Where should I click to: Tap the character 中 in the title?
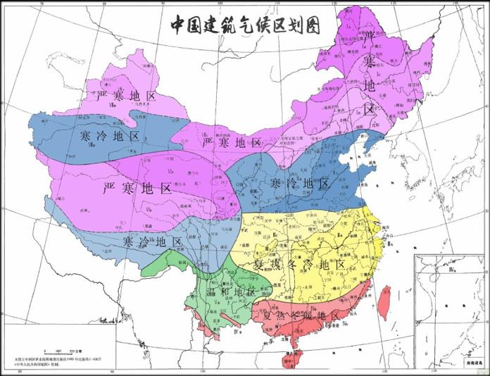click(x=180, y=25)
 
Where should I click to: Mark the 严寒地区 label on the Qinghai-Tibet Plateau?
click(x=137, y=188)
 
